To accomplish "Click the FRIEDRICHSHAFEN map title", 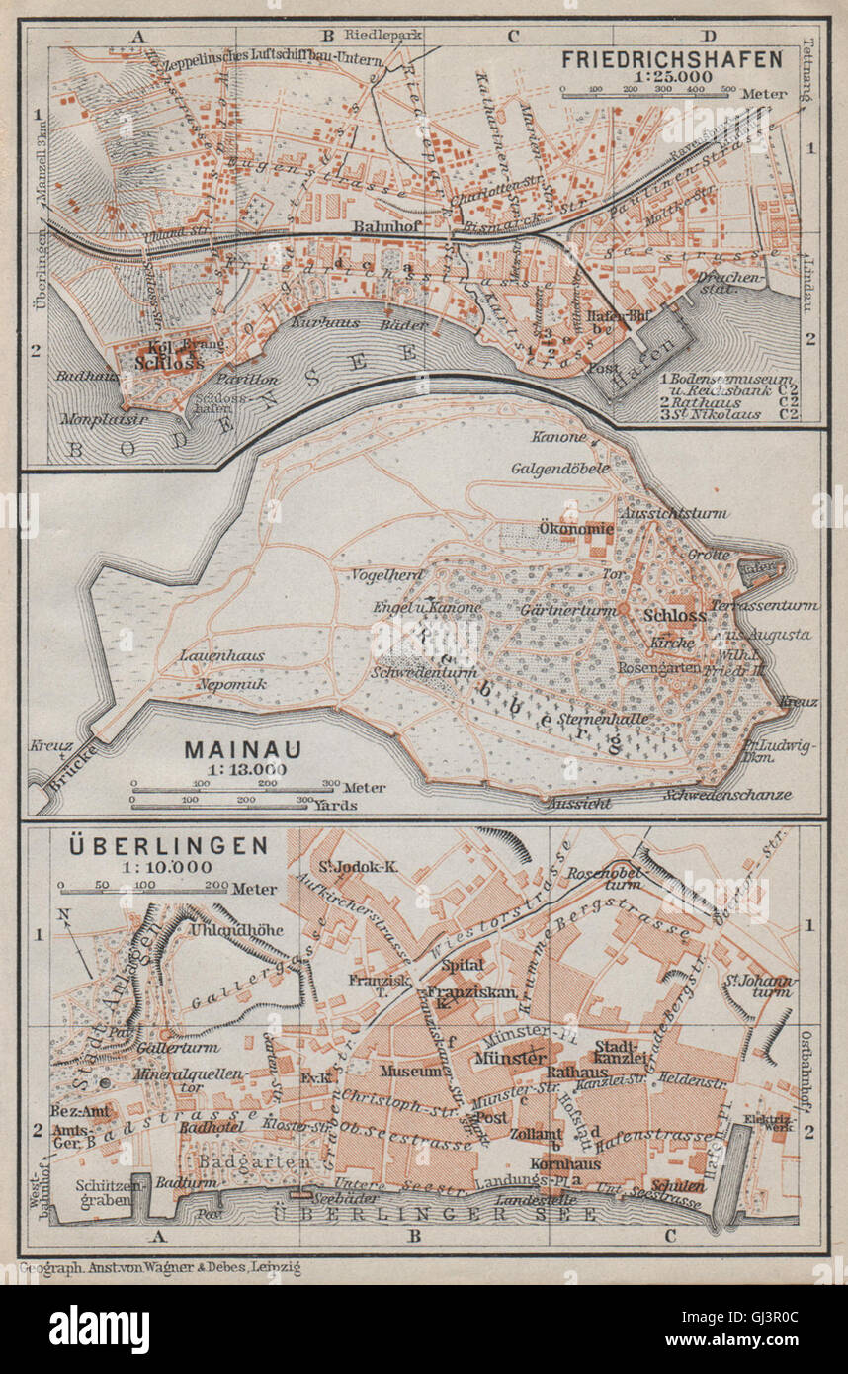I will pyautogui.click(x=672, y=58).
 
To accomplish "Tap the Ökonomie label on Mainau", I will pyautogui.click(x=577, y=529).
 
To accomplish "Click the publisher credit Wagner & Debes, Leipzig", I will pyautogui.click(x=165, y=1265).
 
